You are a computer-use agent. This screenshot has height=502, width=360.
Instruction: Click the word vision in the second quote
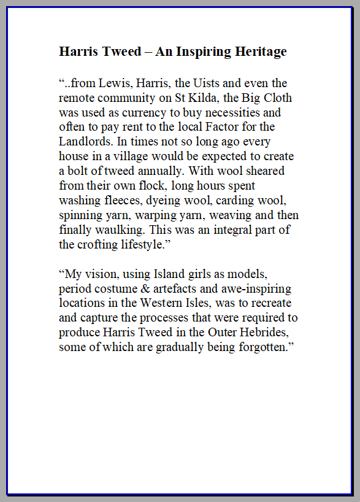click(101, 274)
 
